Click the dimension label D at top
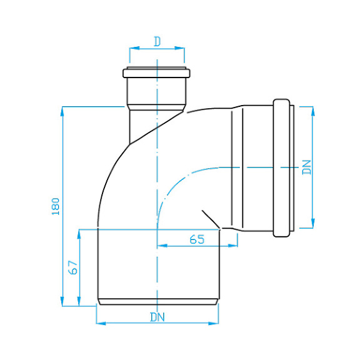click(x=157, y=41)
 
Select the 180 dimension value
click(x=56, y=206)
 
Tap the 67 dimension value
click(x=73, y=267)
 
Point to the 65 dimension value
click(x=197, y=238)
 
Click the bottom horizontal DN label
click(x=157, y=316)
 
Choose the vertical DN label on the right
click(x=306, y=167)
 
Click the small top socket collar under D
click(x=156, y=72)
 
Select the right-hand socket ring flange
click(x=282, y=167)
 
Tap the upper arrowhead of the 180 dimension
click(x=62, y=110)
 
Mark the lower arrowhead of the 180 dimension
click(x=62, y=302)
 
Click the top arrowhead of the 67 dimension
click(x=79, y=232)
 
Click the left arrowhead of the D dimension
click(x=132, y=47)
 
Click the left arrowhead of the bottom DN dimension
click(x=99, y=323)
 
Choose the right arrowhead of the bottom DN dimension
click(x=216, y=323)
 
